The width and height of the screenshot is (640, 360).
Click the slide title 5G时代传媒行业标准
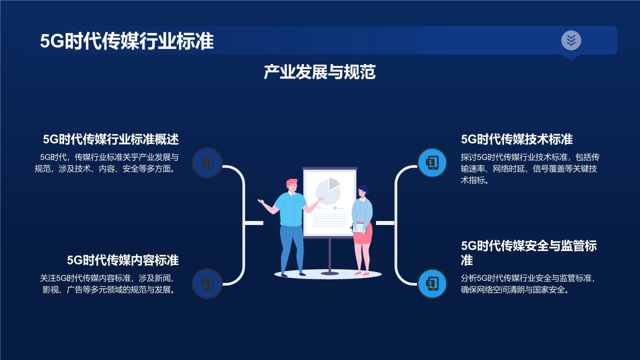pyautogui.click(x=127, y=41)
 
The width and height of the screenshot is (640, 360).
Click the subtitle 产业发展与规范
pyautogui.click(x=319, y=72)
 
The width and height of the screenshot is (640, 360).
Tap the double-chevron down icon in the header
pyautogui.click(x=571, y=40)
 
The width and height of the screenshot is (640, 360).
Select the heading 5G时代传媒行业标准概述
pyautogui.click(x=110, y=139)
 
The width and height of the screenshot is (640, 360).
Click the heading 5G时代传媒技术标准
pyautogui.click(x=516, y=139)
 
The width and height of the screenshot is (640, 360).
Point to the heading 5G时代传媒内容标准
pyautogui.click(x=122, y=260)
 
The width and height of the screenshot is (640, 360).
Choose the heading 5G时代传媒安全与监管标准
pyautogui.click(x=528, y=253)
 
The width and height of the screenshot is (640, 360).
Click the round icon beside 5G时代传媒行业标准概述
pyautogui.click(x=207, y=162)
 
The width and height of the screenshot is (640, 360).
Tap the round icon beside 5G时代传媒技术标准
pyautogui.click(x=432, y=162)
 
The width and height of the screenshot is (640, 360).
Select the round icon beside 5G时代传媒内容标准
pyautogui.click(x=207, y=283)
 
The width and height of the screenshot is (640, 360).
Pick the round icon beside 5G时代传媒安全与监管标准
pyautogui.click(x=432, y=283)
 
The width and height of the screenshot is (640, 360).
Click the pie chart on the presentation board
pyautogui.click(x=328, y=190)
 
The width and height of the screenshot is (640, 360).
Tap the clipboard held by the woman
pyautogui.click(x=359, y=227)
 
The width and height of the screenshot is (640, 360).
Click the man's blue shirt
pyautogui.click(x=291, y=209)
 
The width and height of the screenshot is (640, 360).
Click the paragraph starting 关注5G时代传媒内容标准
pyautogui.click(x=108, y=284)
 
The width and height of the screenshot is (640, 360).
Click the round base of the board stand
pyautogui.click(x=329, y=273)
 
